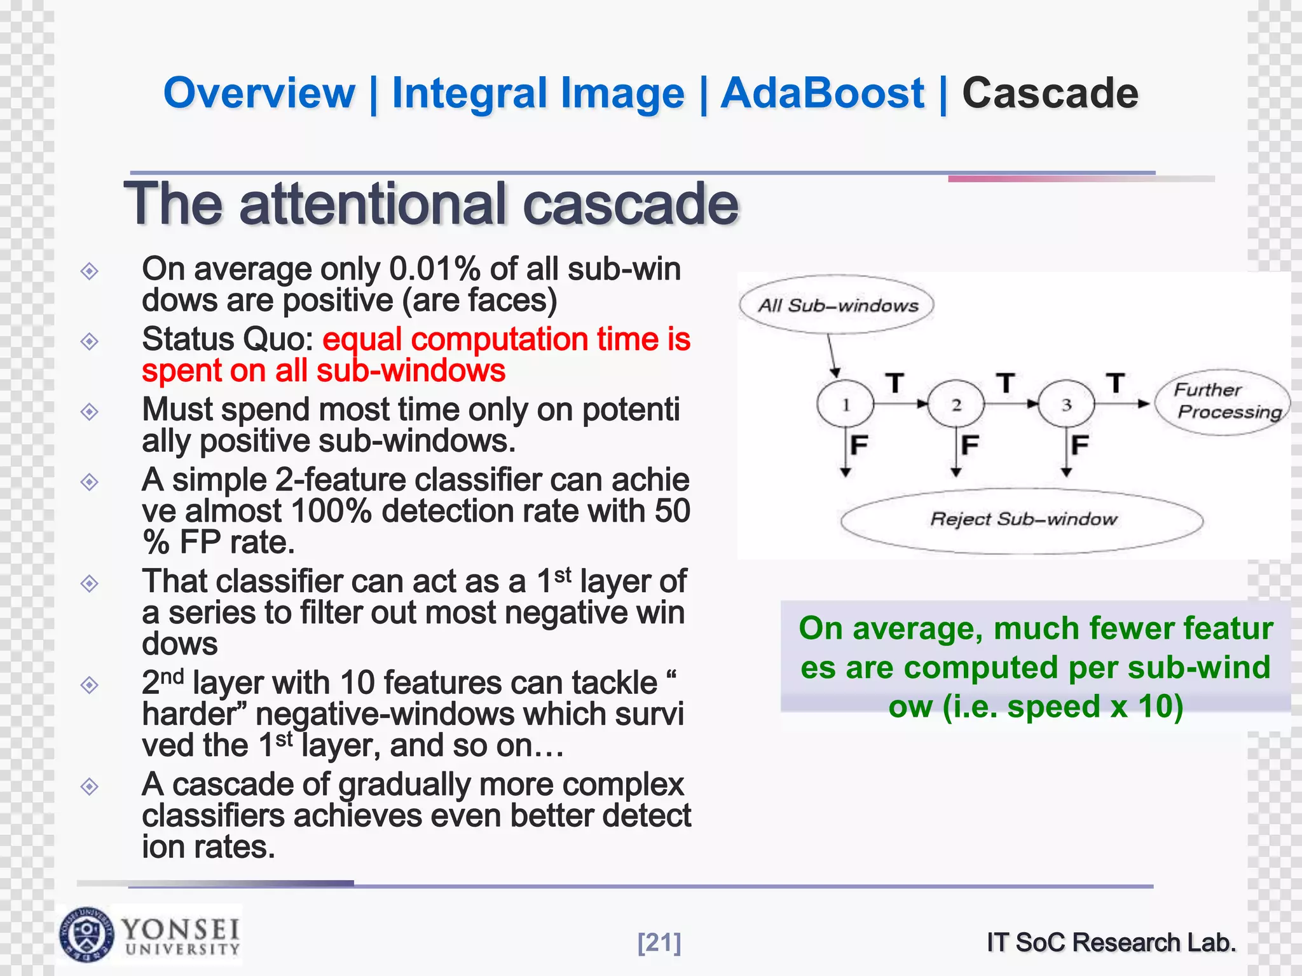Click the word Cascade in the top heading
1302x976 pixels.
tap(1050, 93)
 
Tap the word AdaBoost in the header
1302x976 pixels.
tap(822, 93)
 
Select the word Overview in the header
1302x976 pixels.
tap(259, 93)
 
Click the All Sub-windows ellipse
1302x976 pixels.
tap(837, 305)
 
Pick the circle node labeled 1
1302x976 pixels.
tap(846, 404)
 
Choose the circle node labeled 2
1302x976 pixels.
tap(956, 404)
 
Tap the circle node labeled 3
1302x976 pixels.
tap(1066, 404)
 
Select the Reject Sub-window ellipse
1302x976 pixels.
tap(1022, 520)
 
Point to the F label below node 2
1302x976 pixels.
tap(970, 445)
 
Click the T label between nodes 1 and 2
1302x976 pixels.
tap(895, 383)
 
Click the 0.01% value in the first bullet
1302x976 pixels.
tap(435, 269)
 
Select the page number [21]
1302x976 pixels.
tap(659, 942)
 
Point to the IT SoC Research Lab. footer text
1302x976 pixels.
tap(1111, 942)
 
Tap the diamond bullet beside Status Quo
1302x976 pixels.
tap(90, 342)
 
